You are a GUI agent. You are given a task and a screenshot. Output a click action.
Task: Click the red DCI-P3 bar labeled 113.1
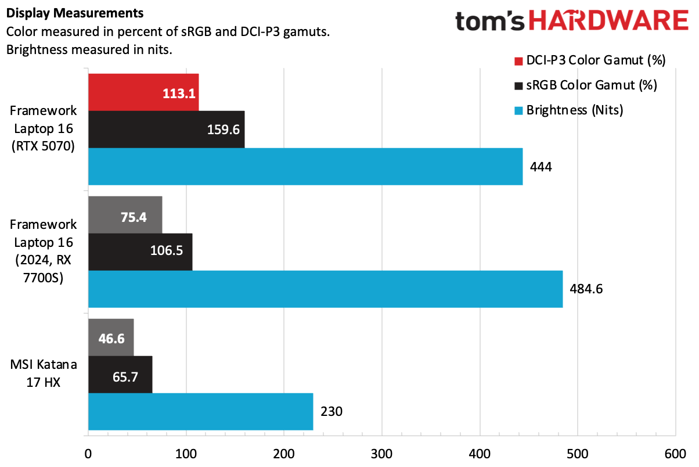click(143, 92)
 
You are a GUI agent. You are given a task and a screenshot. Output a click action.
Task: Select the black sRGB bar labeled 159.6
click(166, 129)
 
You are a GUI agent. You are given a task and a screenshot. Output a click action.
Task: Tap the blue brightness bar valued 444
click(305, 167)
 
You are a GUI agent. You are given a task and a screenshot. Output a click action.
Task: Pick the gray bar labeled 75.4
click(125, 214)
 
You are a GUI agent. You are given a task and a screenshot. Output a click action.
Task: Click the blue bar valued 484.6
click(325, 289)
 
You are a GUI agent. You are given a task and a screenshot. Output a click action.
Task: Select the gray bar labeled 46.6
click(111, 337)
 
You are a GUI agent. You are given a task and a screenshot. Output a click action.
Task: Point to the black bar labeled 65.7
click(120, 374)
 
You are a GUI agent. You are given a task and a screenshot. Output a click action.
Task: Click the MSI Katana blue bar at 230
click(200, 411)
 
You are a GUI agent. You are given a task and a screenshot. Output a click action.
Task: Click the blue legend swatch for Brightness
click(518, 110)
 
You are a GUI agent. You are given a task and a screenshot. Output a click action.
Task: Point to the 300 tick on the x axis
click(381, 453)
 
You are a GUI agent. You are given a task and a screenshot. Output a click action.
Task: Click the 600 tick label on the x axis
click(675, 453)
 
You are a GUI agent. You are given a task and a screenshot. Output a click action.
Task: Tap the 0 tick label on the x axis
click(88, 453)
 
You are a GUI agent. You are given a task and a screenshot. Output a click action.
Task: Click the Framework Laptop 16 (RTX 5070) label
click(44, 128)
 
